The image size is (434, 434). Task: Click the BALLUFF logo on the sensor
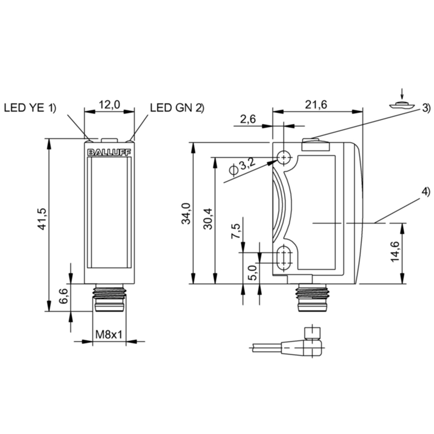[x=110, y=153]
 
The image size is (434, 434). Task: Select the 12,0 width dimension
[x=110, y=105]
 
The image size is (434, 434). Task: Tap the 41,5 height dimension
[x=43, y=219]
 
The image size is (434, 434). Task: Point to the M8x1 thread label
[x=109, y=335]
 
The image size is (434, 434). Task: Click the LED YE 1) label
[x=30, y=107]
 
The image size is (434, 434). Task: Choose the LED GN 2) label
[x=177, y=107]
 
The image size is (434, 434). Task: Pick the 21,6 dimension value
[x=316, y=105]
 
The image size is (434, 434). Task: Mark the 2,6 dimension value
[x=248, y=119]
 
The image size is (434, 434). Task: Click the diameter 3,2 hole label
[x=241, y=168]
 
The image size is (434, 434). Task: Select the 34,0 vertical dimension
[x=186, y=213]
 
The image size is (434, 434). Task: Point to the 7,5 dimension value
[x=236, y=231]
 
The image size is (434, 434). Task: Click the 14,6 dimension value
[x=395, y=252]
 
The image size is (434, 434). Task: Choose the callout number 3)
[x=426, y=108]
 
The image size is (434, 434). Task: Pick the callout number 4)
[x=426, y=192]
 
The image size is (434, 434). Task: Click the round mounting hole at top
[x=284, y=157]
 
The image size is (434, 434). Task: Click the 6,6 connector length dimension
[x=63, y=296]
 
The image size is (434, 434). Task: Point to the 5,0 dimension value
[x=253, y=273]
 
